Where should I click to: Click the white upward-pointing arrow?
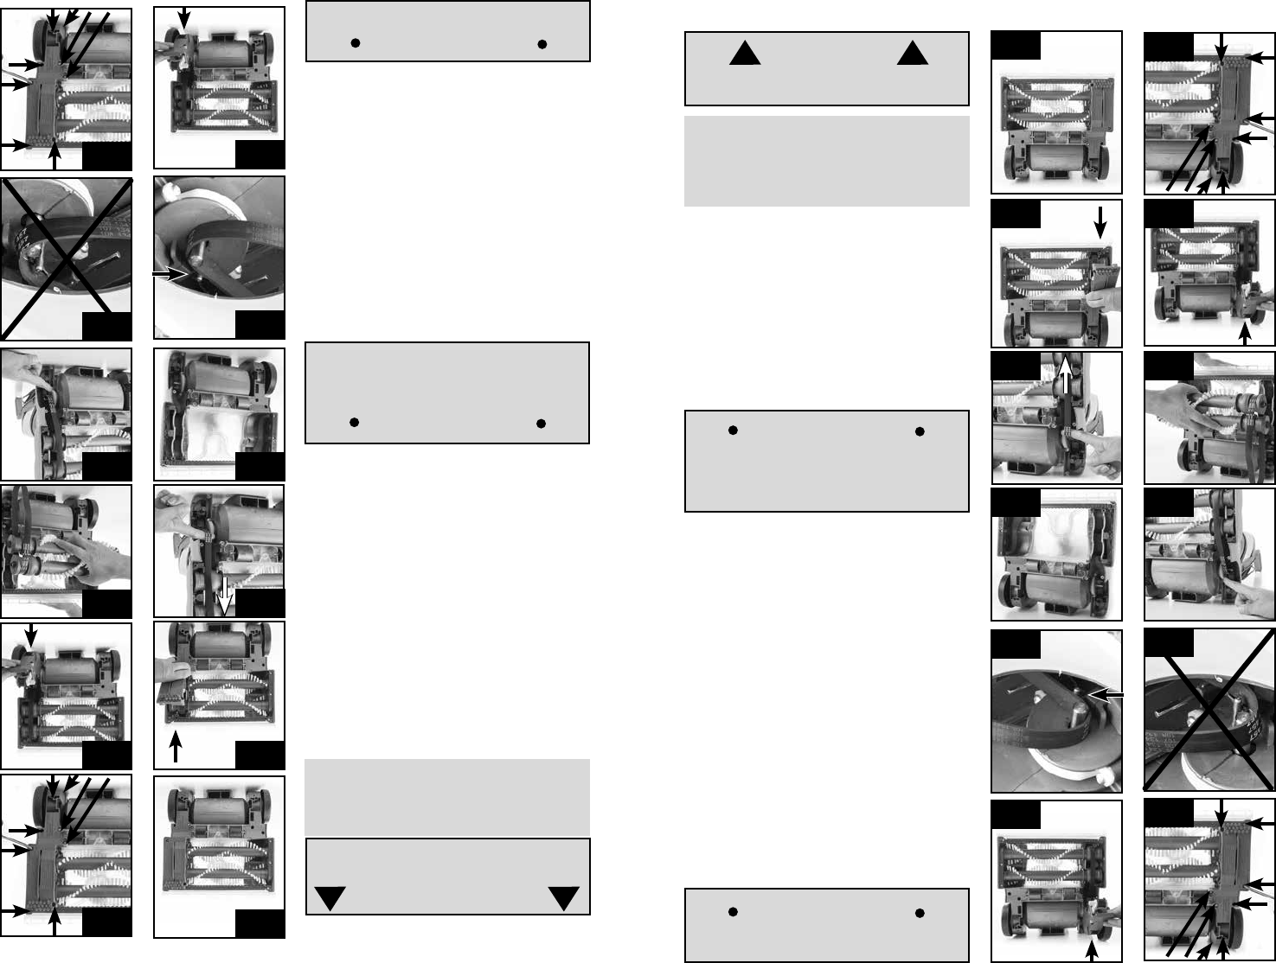pyautogui.click(x=1065, y=379)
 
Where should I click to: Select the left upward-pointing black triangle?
pyautogui.click(x=744, y=55)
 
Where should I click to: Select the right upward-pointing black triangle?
pyautogui.click(x=912, y=55)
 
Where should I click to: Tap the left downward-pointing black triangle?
pyautogui.click(x=330, y=898)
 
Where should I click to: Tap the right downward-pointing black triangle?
pyautogui.click(x=564, y=898)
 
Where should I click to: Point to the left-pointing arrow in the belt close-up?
pyautogui.click(x=1106, y=694)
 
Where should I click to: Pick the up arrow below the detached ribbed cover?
pyautogui.click(x=176, y=746)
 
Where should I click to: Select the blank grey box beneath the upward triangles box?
pyautogui.click(x=826, y=162)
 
